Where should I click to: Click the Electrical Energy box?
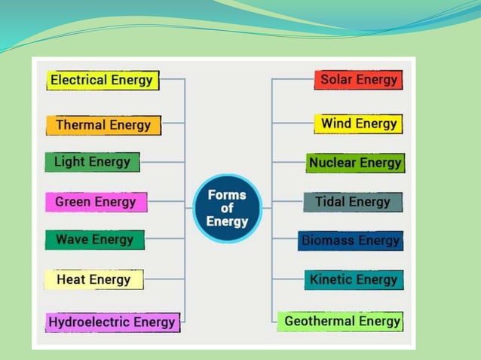coord(103,81)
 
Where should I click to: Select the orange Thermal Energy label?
coord(103,125)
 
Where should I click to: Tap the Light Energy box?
coord(92,162)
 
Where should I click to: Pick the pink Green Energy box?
coord(96,202)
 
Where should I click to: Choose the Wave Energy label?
coord(94,240)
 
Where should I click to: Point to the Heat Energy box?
coord(93,280)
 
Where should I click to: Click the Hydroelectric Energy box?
coord(112,322)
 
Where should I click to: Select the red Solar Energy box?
coord(358,80)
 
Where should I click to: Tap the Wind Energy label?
coord(358,124)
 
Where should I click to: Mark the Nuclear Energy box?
coord(355,163)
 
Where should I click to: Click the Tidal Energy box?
coord(353,202)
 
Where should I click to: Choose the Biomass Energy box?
coord(351,241)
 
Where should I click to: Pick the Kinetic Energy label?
coord(354,280)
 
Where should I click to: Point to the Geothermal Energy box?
coord(342,322)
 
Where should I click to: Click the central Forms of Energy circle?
coord(227,209)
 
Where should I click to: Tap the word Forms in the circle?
coord(227,195)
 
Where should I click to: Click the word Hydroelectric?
coord(89,322)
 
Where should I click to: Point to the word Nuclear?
coord(332,163)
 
